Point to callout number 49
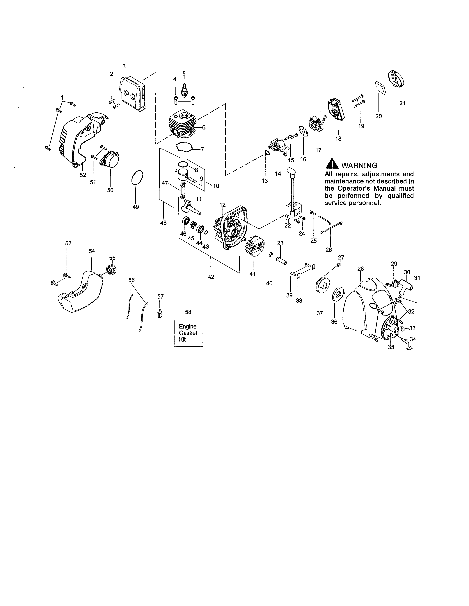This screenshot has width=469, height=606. point(136,207)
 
